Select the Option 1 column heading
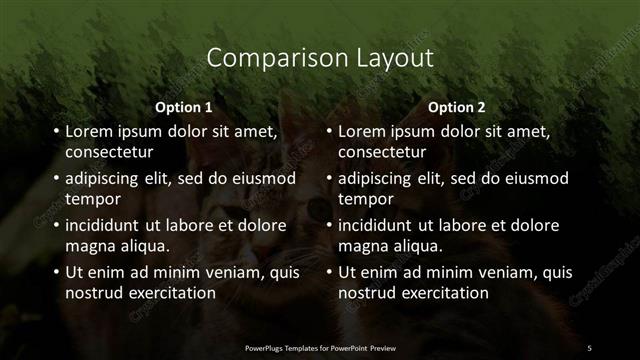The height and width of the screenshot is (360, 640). [x=184, y=107]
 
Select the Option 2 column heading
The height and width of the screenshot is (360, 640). [x=457, y=107]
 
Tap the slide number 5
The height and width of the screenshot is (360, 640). [x=590, y=347]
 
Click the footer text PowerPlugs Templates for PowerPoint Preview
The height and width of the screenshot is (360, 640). [x=320, y=347]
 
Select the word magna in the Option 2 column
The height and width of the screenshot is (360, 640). [x=362, y=246]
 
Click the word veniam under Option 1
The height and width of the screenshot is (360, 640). [x=235, y=272]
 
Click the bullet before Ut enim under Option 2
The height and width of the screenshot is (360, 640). [x=328, y=272]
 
